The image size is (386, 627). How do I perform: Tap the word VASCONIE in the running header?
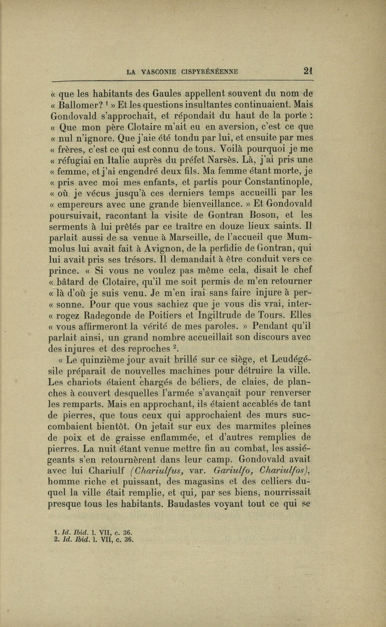[158, 72]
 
